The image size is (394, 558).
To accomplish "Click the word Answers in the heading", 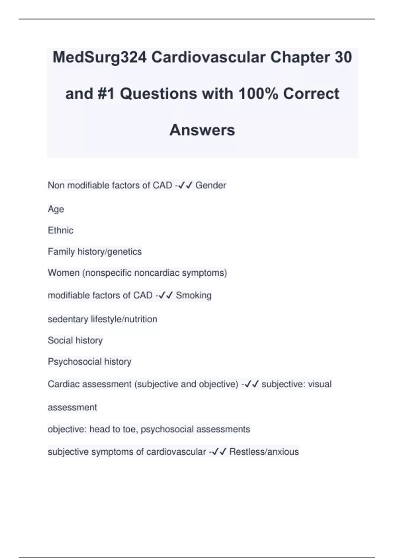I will click(x=202, y=130).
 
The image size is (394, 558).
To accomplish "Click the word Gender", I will click(x=210, y=185).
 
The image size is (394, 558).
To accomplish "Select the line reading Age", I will click(x=56, y=209).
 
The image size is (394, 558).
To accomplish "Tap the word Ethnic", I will click(x=60, y=230).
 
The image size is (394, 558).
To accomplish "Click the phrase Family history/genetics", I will click(x=95, y=252).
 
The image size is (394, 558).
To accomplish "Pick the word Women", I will click(x=63, y=273).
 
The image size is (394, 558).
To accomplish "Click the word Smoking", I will click(x=193, y=295).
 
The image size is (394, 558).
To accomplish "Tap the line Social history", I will click(x=75, y=340).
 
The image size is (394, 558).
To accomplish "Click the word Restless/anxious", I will click(x=264, y=452).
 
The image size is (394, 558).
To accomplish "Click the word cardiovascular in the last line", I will click(x=176, y=452).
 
